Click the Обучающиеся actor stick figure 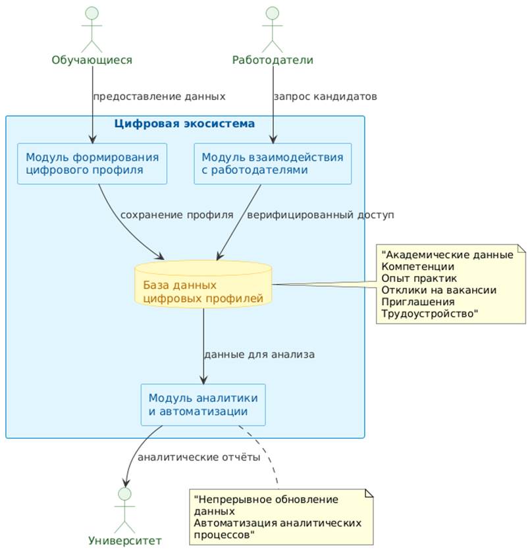click(92, 30)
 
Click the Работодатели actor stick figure click(273, 30)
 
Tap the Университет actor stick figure click(124, 510)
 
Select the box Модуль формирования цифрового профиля click(92, 164)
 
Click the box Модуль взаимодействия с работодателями click(273, 164)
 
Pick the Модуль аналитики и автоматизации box click(203, 404)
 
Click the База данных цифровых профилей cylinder click(203, 284)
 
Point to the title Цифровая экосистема click(184, 123)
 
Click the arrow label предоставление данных click(159, 96)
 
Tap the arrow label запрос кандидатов click(325, 96)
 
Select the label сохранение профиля click(176, 215)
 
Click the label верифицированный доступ click(320, 215)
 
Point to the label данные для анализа click(259, 354)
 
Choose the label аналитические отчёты click(199, 456)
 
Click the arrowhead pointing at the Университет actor click(126, 481)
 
